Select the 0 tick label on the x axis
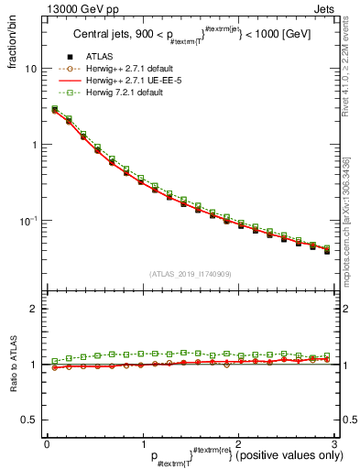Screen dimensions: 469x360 (47, 443)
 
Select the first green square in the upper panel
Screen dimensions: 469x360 (54, 109)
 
